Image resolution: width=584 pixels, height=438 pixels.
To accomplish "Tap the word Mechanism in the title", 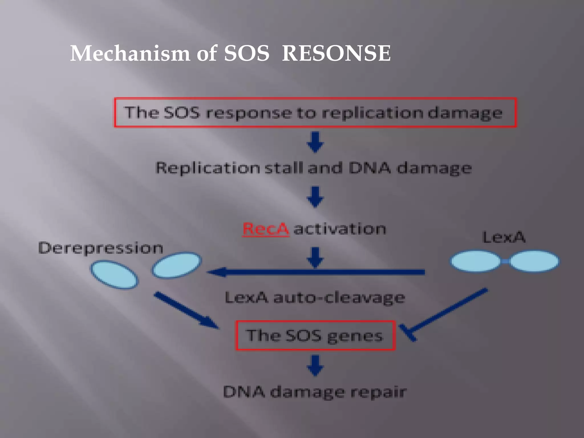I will click(130, 53).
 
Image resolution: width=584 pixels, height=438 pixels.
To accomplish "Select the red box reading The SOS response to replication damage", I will click(315, 112).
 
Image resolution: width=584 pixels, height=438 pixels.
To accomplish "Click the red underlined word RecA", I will click(265, 229).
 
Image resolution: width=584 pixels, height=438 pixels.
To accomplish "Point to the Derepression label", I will click(101, 248).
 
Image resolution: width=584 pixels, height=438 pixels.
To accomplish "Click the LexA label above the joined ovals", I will click(504, 237).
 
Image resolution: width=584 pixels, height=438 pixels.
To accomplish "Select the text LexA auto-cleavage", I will click(315, 298).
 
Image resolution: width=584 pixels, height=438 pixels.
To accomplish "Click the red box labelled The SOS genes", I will click(315, 336).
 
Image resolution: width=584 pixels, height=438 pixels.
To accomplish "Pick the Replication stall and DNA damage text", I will click(314, 168).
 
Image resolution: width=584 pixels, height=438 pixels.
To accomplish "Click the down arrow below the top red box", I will click(315, 142).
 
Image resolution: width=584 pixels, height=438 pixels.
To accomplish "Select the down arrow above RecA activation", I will click(315, 197).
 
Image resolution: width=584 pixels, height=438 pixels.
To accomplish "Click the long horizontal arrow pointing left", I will click(317, 272).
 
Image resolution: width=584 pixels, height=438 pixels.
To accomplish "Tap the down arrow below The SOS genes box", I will click(315, 365).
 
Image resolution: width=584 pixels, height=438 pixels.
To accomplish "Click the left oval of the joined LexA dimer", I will click(475, 261).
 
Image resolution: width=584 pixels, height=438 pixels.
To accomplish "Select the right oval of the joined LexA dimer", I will click(534, 261).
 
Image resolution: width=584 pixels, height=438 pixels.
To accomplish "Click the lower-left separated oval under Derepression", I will click(115, 274).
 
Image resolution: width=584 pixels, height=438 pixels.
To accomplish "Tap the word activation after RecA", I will click(340, 229).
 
